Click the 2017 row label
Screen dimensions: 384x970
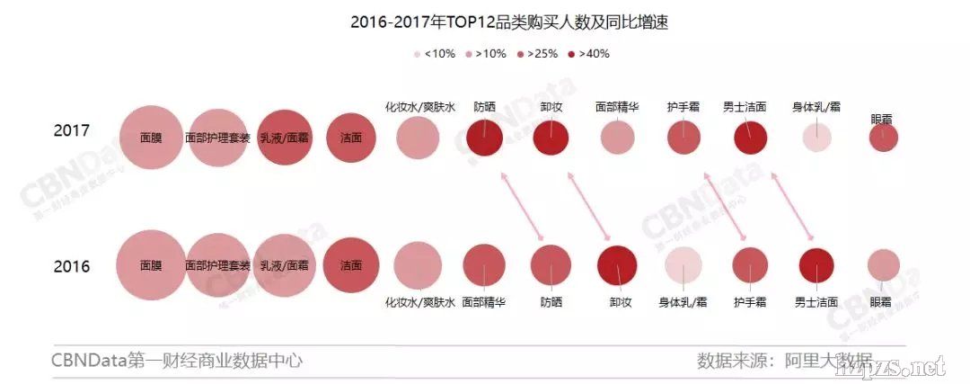tap(71, 131)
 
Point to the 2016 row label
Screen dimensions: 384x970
tap(71, 266)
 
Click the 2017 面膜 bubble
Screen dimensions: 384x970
tap(151, 138)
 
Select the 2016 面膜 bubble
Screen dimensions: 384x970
tap(151, 265)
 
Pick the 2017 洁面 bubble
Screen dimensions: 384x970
tap(351, 138)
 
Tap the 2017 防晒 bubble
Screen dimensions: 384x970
tap(484, 138)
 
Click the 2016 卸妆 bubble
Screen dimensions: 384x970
tap(617, 264)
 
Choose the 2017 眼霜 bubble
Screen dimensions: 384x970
tap(884, 138)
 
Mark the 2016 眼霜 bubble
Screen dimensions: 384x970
tap(884, 264)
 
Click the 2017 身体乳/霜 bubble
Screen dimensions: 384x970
tap(816, 138)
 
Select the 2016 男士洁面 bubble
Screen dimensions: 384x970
tap(816, 264)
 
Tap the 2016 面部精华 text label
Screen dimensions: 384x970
tap(484, 302)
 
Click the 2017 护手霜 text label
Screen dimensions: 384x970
tap(683, 106)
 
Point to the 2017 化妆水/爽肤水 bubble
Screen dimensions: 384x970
tap(418, 138)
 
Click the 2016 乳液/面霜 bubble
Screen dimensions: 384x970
tap(284, 265)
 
